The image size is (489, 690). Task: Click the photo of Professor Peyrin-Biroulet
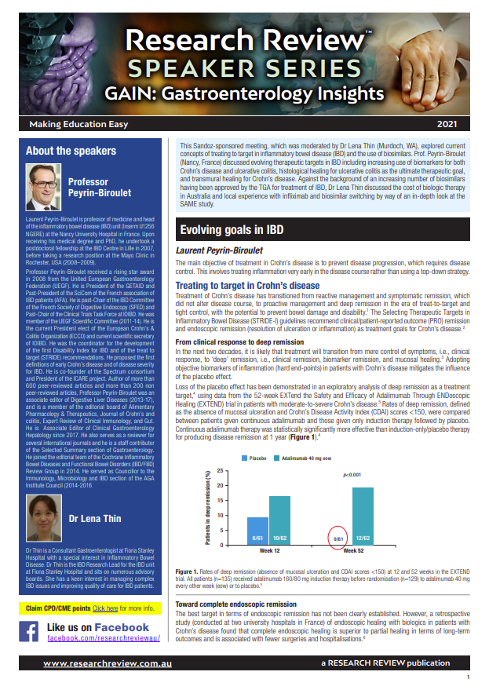[x=43, y=188]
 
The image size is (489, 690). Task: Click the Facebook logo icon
[x=29, y=631]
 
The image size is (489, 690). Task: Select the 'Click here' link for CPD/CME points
[x=105, y=608]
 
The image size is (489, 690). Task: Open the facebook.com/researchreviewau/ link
[x=104, y=639]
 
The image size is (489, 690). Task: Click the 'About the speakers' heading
[x=71, y=151]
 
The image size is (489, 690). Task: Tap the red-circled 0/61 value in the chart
[x=340, y=538]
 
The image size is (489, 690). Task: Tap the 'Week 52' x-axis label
[x=351, y=551]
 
